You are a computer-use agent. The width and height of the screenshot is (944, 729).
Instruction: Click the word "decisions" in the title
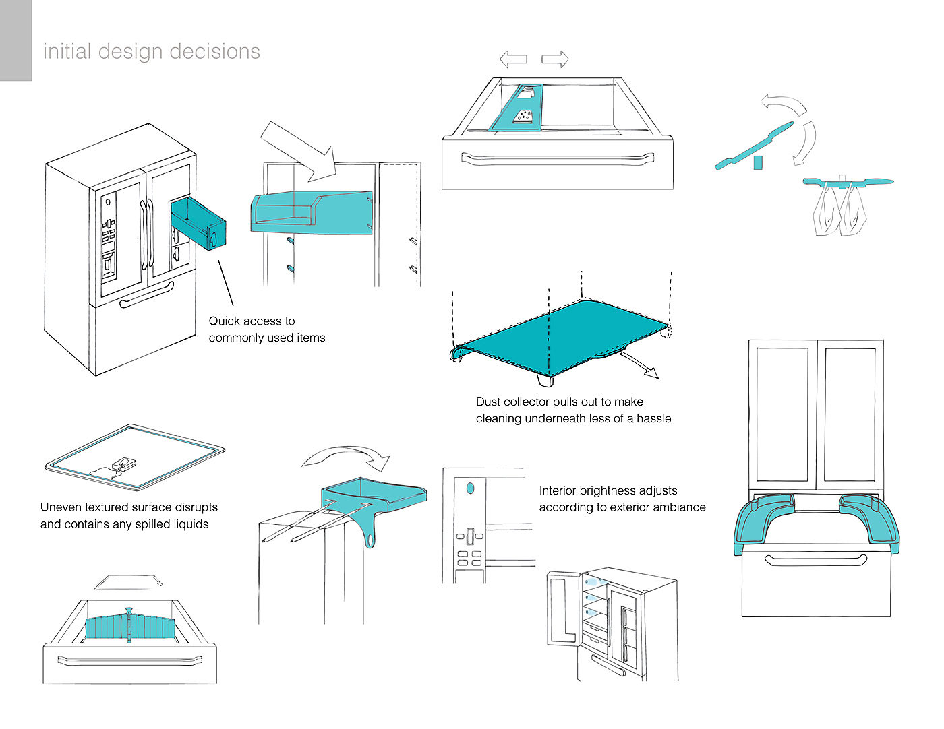click(x=214, y=51)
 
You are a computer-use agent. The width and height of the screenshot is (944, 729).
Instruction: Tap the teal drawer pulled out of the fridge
click(x=198, y=223)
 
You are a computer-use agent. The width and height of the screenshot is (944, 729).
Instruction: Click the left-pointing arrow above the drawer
click(x=513, y=59)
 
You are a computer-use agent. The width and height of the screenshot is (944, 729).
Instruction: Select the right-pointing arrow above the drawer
click(x=555, y=59)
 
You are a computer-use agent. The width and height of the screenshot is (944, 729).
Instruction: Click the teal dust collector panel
click(x=560, y=337)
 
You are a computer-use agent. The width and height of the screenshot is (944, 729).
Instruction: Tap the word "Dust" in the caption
click(x=488, y=402)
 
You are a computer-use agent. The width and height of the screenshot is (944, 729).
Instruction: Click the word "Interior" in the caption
click(x=558, y=490)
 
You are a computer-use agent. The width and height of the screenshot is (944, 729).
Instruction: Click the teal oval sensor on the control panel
click(x=470, y=488)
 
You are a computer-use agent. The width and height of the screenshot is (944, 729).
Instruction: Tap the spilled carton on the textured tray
click(x=124, y=464)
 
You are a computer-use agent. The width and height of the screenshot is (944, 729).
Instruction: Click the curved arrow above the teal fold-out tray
click(x=346, y=457)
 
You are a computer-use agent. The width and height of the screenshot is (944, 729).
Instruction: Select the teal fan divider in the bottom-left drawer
click(x=130, y=625)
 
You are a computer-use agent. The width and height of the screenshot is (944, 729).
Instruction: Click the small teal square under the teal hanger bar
click(x=758, y=163)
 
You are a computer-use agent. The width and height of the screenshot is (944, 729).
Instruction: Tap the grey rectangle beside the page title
click(x=16, y=40)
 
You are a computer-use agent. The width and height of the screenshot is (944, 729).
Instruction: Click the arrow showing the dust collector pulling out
click(x=639, y=365)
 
